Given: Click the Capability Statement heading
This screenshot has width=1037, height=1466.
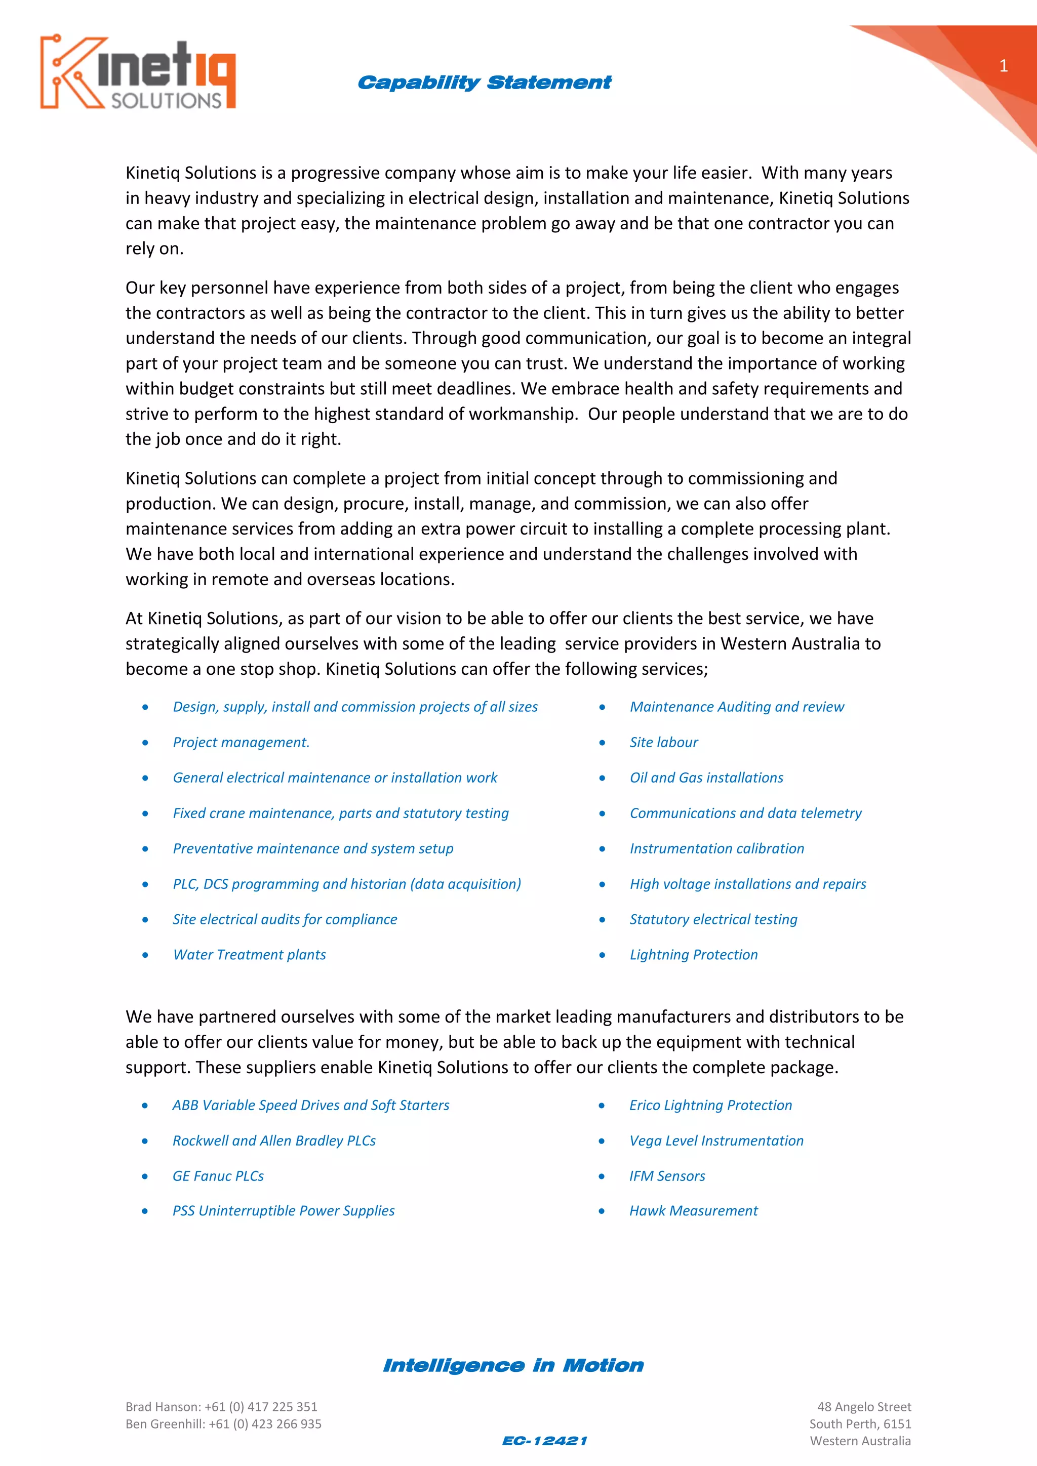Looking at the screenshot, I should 484,83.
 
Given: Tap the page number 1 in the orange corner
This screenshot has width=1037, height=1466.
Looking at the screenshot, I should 1003,66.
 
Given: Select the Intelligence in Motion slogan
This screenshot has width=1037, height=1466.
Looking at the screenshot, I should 513,1365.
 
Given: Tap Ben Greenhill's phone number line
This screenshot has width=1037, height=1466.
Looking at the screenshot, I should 223,1424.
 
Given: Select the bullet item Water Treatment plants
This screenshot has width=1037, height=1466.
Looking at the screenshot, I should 249,955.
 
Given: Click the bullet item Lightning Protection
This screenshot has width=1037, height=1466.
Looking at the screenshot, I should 694,955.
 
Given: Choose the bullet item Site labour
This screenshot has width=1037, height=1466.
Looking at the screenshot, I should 663,742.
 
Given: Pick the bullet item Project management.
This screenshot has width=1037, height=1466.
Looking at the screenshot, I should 241,742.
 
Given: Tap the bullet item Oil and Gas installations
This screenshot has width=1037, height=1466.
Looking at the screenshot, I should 706,778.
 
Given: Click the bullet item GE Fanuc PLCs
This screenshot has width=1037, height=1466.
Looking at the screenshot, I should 218,1176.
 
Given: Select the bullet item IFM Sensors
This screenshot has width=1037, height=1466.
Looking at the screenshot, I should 667,1176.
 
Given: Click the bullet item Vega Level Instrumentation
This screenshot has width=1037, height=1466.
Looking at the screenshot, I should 716,1141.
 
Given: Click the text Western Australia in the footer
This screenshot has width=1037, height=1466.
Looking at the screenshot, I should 860,1441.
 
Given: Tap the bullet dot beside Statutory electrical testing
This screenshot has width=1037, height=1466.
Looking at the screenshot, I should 602,920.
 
